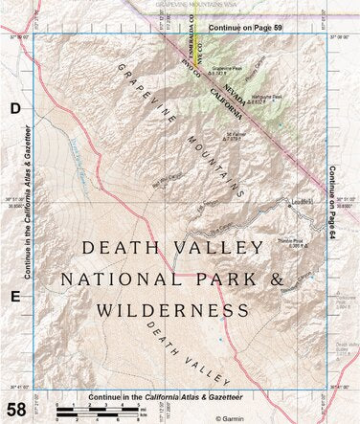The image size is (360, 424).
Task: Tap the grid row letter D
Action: coord(15,110)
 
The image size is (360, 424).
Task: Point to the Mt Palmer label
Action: coord(237,134)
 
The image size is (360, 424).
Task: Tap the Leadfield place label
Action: coord(303,202)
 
